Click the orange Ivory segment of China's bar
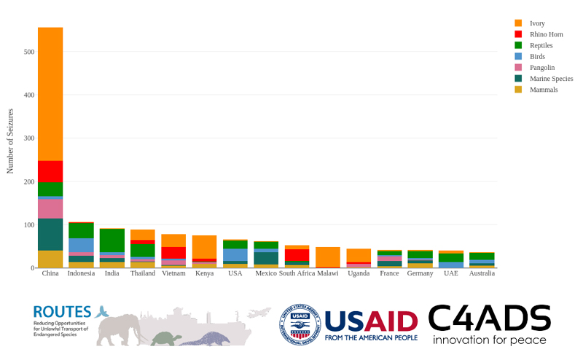point(50,94)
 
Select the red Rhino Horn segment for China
point(50,171)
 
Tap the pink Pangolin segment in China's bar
point(50,209)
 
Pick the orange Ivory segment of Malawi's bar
point(328,257)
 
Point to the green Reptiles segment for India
point(111,240)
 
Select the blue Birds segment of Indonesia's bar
point(81,245)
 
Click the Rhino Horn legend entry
point(546,34)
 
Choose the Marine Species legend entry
point(551,79)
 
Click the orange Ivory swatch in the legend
point(518,23)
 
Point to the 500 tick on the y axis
point(29,52)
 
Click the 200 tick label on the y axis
point(29,181)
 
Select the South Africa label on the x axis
point(297,274)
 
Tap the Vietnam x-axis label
point(173,274)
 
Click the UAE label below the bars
point(451,274)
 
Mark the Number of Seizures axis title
point(10,141)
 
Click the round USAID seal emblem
point(299,324)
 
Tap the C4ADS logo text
point(488,318)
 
